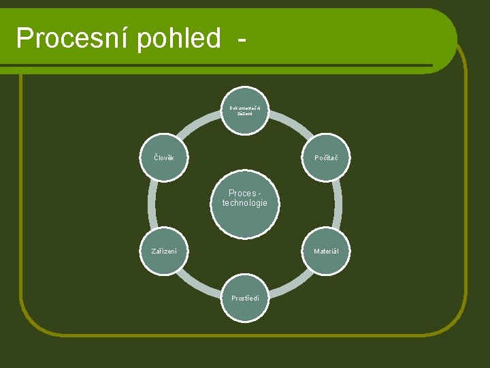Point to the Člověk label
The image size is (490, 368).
tap(163, 158)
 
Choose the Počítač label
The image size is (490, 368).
tap(326, 158)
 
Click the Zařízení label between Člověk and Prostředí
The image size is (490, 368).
tap(163, 251)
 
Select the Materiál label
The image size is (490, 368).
tap(326, 251)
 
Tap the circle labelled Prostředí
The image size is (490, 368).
tap(245, 298)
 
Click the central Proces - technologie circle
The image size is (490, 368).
tap(245, 211)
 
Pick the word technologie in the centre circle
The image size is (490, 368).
tap(245, 203)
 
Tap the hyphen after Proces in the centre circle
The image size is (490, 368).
tap(259, 194)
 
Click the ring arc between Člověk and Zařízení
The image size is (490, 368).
tap(152, 204)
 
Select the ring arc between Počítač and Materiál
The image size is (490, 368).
tap(338, 204)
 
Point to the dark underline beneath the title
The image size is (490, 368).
tap(218, 65)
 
